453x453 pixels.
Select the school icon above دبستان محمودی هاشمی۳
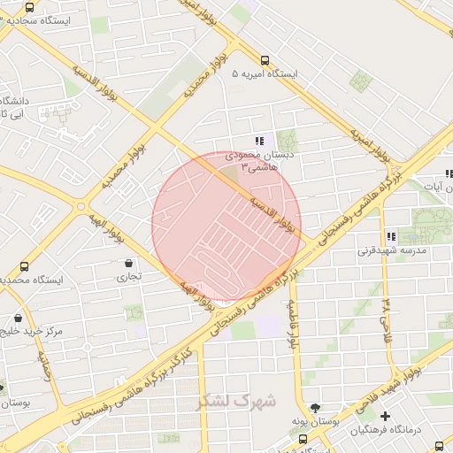[x=258, y=141]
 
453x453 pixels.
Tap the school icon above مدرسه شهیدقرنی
[x=390, y=236]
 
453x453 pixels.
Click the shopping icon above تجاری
[x=129, y=263]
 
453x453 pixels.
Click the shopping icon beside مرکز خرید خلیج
[x=18, y=318]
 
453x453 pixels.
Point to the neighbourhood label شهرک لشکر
[x=237, y=402]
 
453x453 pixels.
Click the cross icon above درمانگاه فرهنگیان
[x=385, y=416]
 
